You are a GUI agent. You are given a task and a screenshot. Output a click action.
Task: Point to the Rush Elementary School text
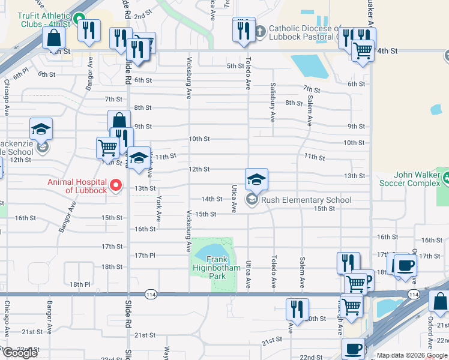(x=306, y=200)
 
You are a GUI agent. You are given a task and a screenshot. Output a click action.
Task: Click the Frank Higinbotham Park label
(x=208, y=272)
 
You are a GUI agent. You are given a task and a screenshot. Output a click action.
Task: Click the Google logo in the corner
(x=19, y=353)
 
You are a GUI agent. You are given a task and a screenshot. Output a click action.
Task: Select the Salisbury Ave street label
(x=272, y=102)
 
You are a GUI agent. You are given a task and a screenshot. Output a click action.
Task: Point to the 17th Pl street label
(x=145, y=256)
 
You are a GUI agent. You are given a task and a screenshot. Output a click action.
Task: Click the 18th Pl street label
(x=79, y=284)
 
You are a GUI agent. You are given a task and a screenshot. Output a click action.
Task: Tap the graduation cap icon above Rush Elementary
(x=256, y=179)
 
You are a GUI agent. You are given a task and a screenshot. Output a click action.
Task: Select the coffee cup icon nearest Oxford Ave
(x=405, y=265)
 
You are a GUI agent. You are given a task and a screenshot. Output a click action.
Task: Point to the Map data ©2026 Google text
(x=412, y=355)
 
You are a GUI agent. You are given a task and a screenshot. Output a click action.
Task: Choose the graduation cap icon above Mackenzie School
(x=41, y=128)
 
